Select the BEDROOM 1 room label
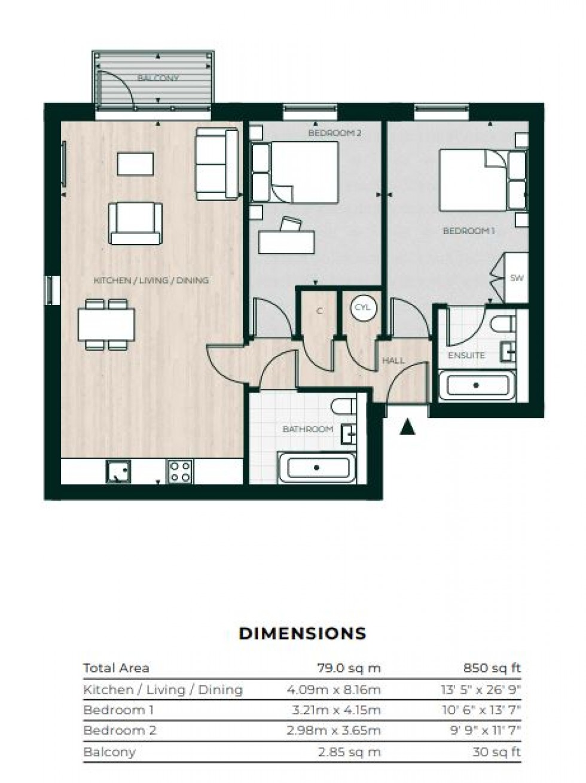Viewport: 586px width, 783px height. (x=469, y=231)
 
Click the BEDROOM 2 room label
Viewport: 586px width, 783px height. (x=335, y=133)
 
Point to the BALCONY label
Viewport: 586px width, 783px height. (x=158, y=78)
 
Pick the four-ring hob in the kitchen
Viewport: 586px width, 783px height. (x=181, y=471)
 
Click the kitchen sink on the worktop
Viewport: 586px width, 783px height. (x=118, y=471)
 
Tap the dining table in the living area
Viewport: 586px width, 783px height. (x=106, y=325)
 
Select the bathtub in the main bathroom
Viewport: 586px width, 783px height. (x=317, y=468)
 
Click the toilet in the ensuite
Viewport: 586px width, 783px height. (x=503, y=323)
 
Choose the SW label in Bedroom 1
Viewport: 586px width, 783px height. (x=517, y=278)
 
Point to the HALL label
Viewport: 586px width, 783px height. (x=393, y=360)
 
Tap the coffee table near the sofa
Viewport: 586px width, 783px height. (x=135, y=164)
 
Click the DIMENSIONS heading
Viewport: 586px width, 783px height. (x=303, y=633)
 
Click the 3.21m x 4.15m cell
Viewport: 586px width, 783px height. (x=336, y=710)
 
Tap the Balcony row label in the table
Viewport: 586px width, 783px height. (x=109, y=752)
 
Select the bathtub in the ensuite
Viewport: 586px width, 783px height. (x=477, y=386)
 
